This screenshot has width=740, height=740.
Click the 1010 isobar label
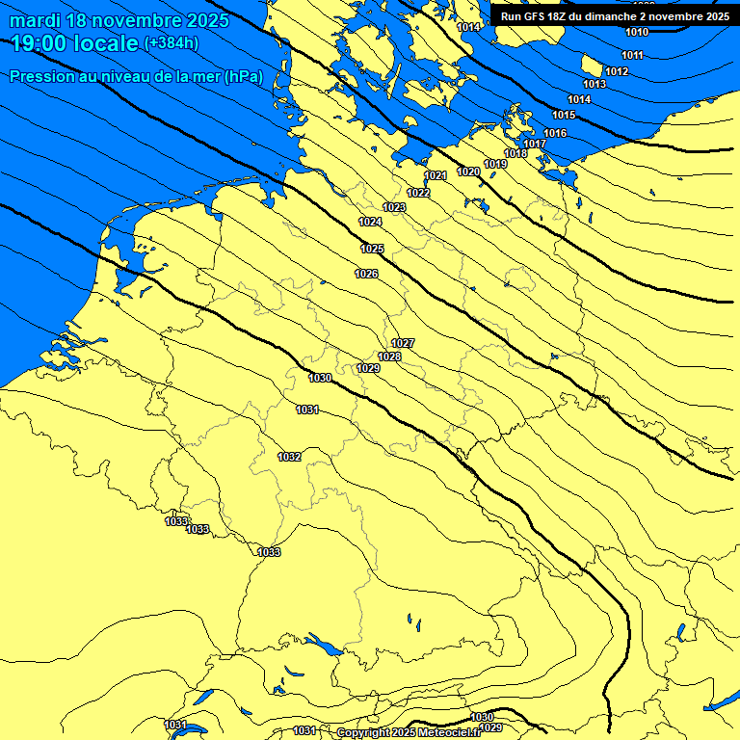click(637, 32)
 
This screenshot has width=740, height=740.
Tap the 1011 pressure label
click(632, 55)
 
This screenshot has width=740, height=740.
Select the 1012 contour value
click(617, 71)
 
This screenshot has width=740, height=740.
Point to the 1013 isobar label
click(595, 85)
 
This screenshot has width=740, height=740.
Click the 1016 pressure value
click(555, 133)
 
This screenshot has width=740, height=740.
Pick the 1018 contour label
click(515, 153)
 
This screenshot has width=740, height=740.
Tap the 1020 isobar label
click(468, 172)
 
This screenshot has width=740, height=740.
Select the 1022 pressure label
click(418, 193)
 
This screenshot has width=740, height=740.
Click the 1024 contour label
click(370, 222)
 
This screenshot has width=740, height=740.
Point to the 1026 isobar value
click(366, 274)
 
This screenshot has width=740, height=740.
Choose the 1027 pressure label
click(403, 344)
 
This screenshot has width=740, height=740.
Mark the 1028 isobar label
click(389, 357)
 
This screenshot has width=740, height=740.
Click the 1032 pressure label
click(289, 457)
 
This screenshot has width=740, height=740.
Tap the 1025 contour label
click(373, 249)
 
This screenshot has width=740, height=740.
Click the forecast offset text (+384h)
click(171, 43)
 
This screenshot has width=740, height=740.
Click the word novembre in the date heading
click(140, 19)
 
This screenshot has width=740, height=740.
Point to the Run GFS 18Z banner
click(615, 16)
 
